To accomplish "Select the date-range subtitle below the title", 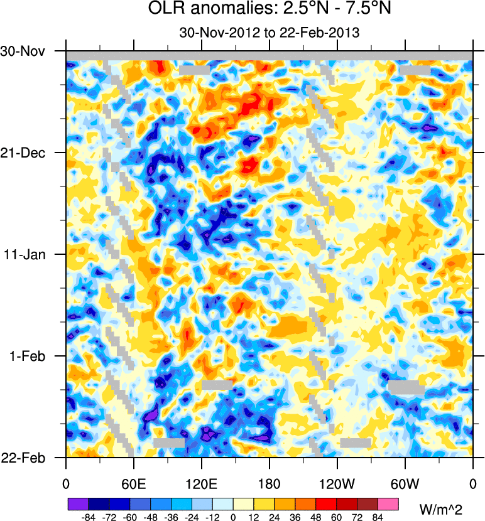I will pyautogui.click(x=269, y=33).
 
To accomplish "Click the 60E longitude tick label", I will pyautogui.click(x=133, y=483).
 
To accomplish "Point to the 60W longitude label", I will pyautogui.click(x=405, y=483).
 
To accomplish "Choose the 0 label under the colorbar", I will pyautogui.click(x=233, y=517).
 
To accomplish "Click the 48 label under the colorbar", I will pyautogui.click(x=316, y=517).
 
